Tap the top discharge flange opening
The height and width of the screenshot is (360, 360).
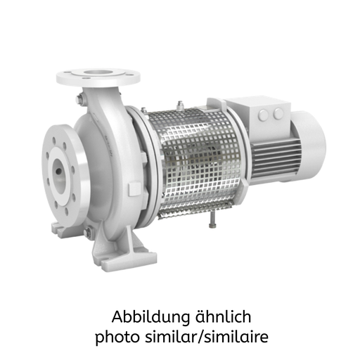coord(98,74)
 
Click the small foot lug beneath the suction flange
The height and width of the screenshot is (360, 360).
coord(60,227)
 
